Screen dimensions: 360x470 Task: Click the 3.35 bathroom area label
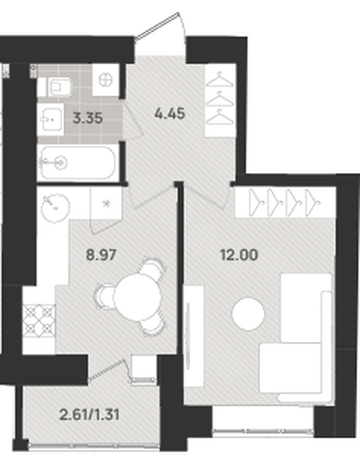pyautogui.click(x=87, y=118)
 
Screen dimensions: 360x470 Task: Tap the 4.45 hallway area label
pyautogui.click(x=170, y=114)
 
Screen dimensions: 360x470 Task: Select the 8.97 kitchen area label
pyautogui.click(x=102, y=255)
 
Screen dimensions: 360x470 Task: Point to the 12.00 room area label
pyautogui.click(x=239, y=255)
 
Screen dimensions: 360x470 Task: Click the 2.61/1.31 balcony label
pyautogui.click(x=89, y=415)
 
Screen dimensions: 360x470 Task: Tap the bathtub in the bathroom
pyautogui.click(x=78, y=163)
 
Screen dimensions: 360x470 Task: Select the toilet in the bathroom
pyautogui.click(x=59, y=86)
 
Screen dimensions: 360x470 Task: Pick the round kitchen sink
pyautogui.click(x=55, y=208)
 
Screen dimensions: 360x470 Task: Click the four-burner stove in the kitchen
pyautogui.click(x=39, y=320)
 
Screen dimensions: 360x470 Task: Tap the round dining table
pyautogui.click(x=137, y=297)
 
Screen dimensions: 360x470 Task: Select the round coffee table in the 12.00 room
pyautogui.click(x=248, y=314)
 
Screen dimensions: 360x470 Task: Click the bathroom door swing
pyautogui.click(x=133, y=120)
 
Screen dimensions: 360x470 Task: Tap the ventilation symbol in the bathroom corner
pyautogui.click(x=105, y=80)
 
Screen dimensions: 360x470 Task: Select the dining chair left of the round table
pyautogui.click(x=104, y=296)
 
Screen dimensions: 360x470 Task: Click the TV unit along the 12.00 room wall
pyautogui.click(x=194, y=336)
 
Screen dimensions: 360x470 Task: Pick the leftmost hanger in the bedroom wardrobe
pyautogui.click(x=257, y=202)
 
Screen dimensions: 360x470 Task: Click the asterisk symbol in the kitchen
pyautogui.click(x=106, y=204)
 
